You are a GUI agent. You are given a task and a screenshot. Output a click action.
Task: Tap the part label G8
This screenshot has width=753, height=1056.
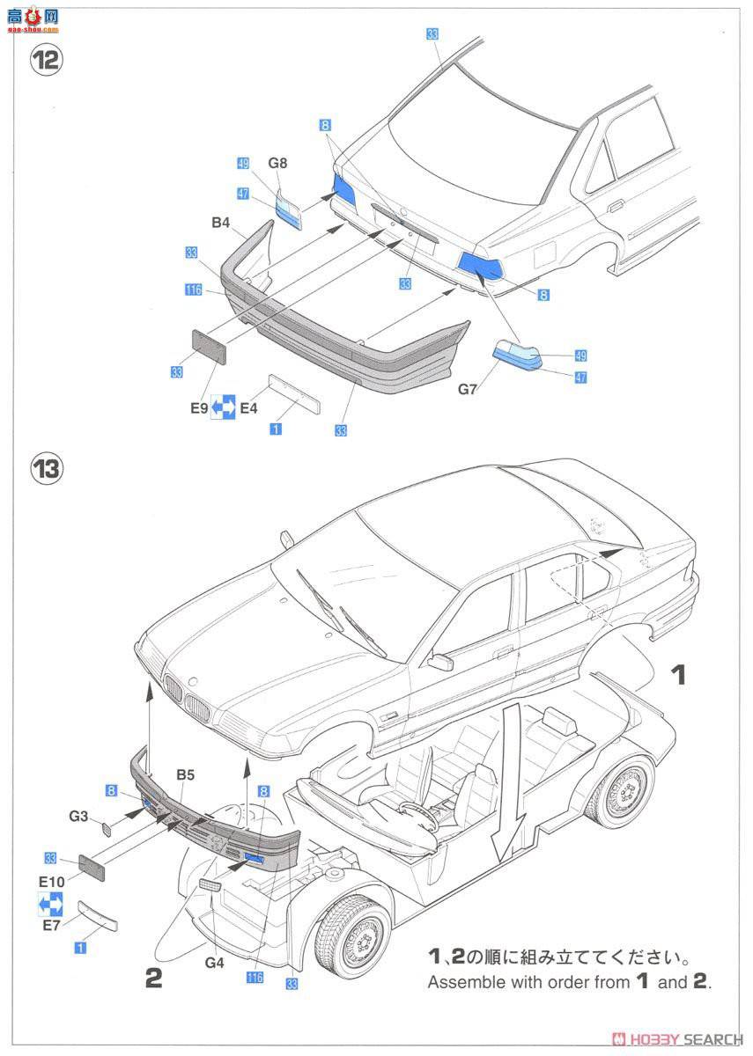coord(278,163)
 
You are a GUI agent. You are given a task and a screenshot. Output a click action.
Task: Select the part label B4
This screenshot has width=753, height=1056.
coord(220,224)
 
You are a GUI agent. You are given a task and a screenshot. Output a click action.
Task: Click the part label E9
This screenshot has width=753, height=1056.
coord(198,407)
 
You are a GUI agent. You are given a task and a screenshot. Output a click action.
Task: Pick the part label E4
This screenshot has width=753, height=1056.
coord(249,407)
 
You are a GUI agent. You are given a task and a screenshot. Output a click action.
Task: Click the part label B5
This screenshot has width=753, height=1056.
coord(185,775)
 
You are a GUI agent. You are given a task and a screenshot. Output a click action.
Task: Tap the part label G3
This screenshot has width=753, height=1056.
coord(80,817)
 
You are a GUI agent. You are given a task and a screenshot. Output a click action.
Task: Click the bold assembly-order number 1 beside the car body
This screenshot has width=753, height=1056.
coord(678,676)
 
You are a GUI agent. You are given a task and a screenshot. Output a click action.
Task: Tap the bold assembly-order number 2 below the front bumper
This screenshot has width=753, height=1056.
coord(154,978)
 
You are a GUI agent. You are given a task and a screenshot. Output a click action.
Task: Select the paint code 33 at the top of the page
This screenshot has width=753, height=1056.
coord(432,34)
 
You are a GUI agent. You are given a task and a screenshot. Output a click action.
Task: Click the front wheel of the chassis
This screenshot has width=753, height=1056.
coord(352,935)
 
